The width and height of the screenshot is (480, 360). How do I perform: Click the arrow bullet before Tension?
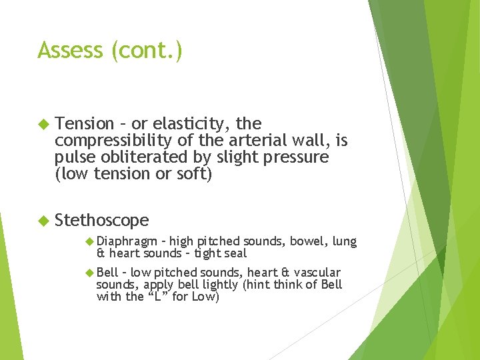(x=44, y=124)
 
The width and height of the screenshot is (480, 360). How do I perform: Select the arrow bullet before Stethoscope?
(x=44, y=220)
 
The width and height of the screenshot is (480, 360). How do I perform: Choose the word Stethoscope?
(x=102, y=220)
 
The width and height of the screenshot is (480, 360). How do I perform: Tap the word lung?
(x=344, y=241)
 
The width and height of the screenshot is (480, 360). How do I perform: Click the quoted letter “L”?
(x=158, y=297)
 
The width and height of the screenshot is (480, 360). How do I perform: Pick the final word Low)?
(x=205, y=297)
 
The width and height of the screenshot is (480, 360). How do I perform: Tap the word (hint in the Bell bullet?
(x=256, y=284)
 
